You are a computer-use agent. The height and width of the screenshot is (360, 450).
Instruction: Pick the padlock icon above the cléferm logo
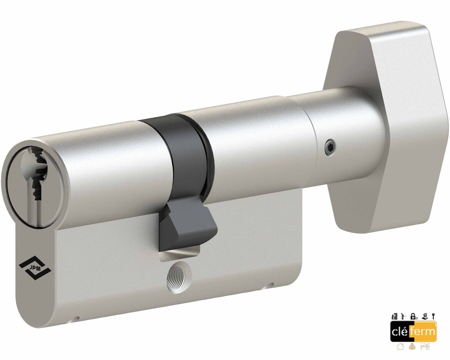414,316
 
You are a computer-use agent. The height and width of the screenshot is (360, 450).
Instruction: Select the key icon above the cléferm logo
433,316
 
